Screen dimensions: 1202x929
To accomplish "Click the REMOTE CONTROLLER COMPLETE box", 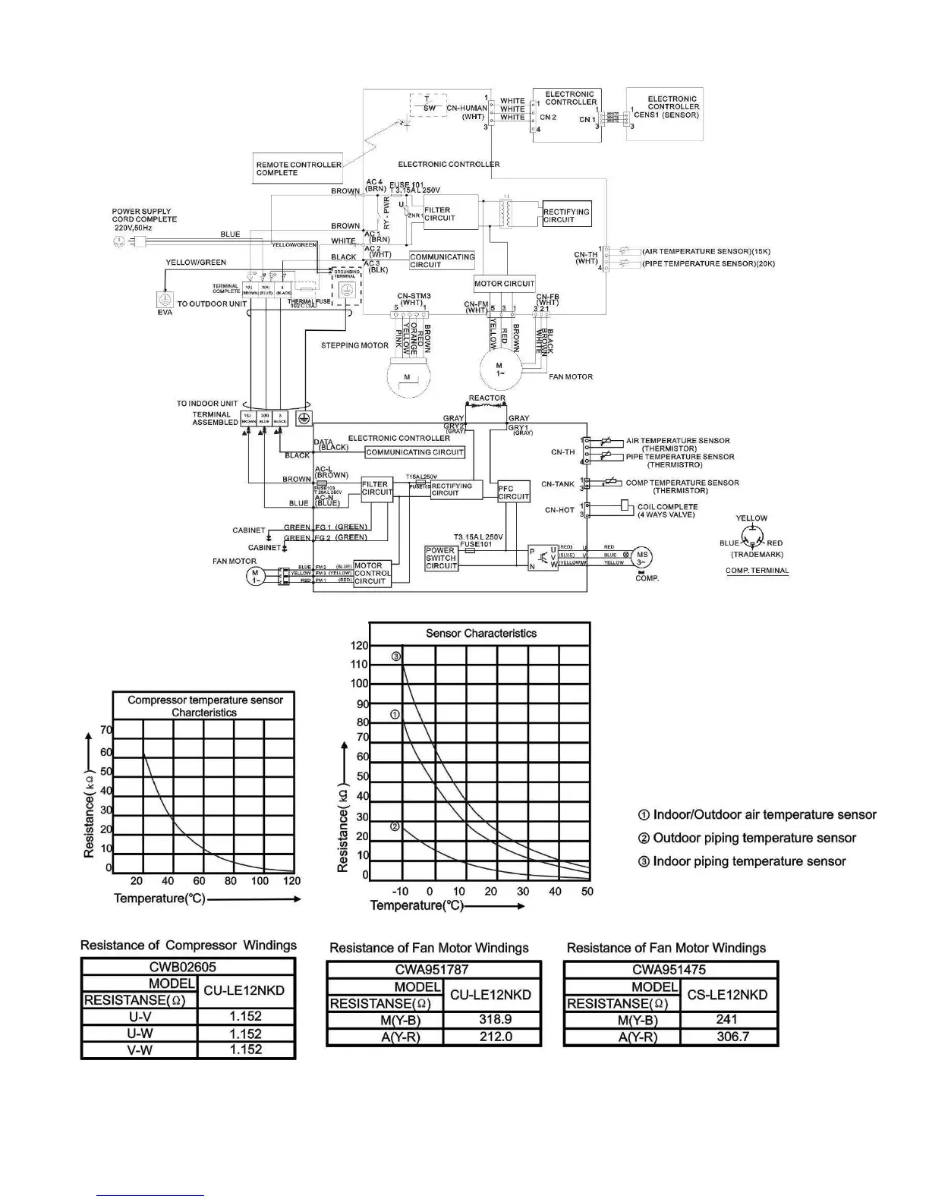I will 298,168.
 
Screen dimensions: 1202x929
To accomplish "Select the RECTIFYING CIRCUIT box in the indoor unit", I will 566,216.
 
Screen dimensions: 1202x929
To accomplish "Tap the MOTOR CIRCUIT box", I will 504,284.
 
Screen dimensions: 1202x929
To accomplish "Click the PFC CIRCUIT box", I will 513,492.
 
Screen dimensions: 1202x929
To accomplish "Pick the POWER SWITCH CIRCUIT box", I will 441,558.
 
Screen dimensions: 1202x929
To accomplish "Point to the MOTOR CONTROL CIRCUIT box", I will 371,574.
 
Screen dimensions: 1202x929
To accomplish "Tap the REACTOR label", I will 487,398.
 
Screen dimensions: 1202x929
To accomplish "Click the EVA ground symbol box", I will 165,299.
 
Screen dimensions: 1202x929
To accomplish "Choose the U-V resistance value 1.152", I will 245,1016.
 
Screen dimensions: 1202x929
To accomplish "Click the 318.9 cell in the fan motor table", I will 495,1020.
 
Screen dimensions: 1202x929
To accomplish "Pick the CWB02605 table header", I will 188,967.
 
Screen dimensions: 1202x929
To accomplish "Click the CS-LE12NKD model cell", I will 726,995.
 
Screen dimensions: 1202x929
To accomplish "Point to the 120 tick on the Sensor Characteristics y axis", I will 359,646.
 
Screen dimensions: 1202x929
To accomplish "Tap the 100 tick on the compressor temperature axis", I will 260,881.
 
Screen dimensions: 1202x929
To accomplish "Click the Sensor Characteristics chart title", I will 480,633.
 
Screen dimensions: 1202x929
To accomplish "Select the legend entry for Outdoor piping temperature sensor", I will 754,838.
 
